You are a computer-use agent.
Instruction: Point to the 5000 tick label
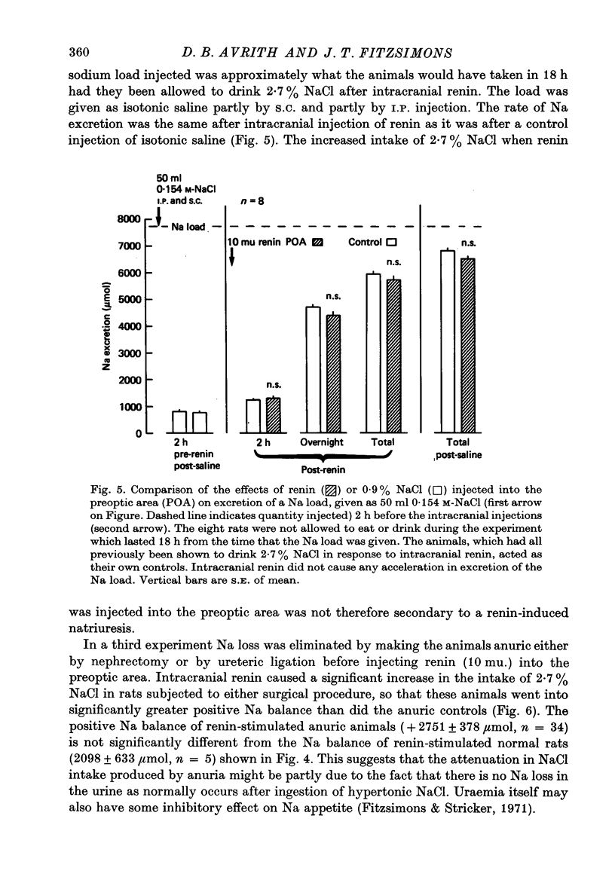[132, 299]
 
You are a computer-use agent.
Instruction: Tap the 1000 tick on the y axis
[133, 407]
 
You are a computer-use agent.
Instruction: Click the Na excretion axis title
[110, 326]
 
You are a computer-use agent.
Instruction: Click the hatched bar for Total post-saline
[468, 345]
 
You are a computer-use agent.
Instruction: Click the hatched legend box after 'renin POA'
[317, 243]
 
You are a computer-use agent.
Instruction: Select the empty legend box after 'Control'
[391, 243]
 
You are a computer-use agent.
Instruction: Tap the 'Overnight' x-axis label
[322, 442]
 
